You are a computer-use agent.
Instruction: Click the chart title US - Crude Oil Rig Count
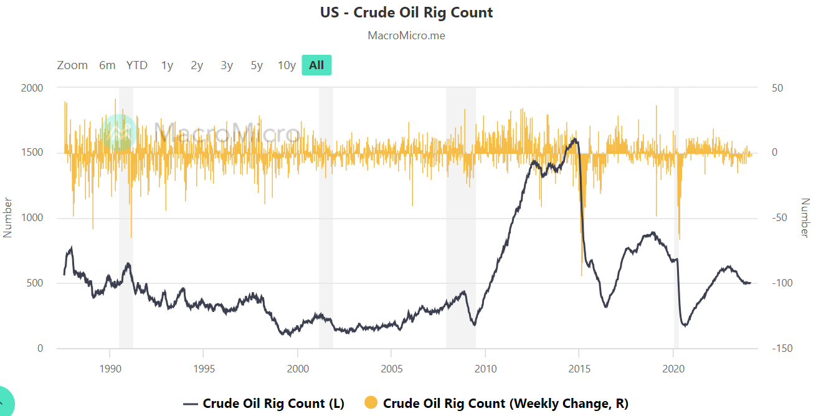[406, 12]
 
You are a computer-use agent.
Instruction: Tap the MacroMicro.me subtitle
[406, 35]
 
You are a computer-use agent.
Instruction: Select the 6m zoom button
[107, 65]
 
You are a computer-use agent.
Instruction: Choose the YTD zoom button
[137, 65]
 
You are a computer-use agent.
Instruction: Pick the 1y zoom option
[167, 65]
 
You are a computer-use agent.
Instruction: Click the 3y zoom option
[227, 65]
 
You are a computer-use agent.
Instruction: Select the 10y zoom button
[287, 65]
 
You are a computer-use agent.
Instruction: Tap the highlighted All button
[316, 65]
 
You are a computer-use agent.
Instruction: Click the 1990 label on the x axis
[110, 369]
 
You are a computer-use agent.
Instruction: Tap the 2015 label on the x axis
[579, 369]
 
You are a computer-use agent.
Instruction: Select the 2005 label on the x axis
[391, 369]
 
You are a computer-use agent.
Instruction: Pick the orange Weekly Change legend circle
[371, 404]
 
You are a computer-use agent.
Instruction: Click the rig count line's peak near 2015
[575, 139]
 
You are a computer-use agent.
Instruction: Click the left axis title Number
[8, 217]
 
